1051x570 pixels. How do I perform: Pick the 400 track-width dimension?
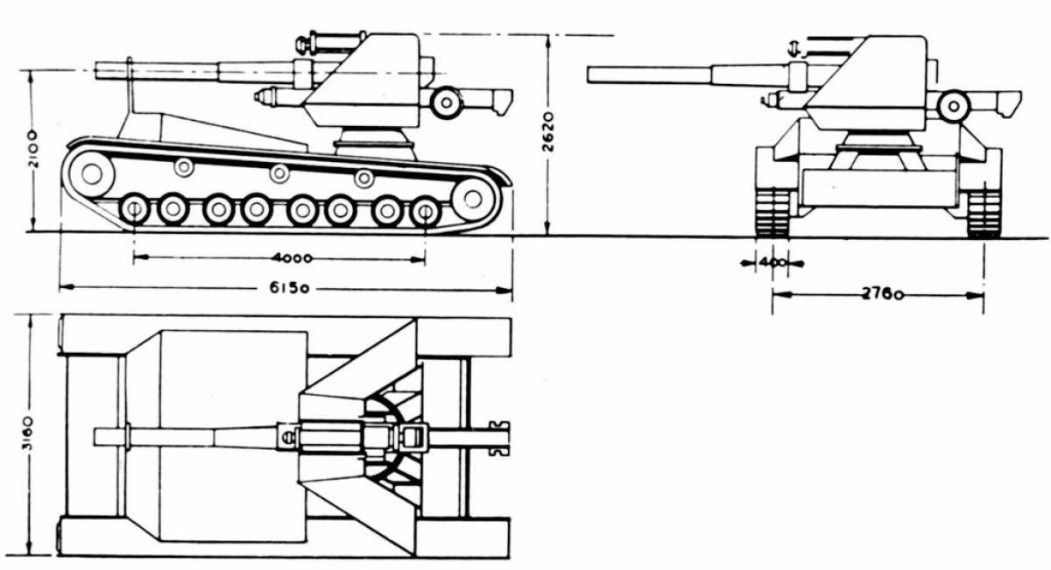(772, 262)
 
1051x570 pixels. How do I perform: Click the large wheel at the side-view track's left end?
(91, 172)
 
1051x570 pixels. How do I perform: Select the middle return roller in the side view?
(279, 172)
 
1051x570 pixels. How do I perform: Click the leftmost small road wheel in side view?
(134, 209)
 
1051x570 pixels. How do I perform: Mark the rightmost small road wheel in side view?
(425, 211)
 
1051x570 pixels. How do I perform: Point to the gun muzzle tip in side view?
(96, 70)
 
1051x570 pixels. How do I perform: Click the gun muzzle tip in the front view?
(590, 75)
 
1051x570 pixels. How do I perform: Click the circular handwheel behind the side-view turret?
(447, 102)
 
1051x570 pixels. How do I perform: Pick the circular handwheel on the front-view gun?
(953, 106)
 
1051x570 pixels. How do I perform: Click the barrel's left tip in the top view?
(95, 436)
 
